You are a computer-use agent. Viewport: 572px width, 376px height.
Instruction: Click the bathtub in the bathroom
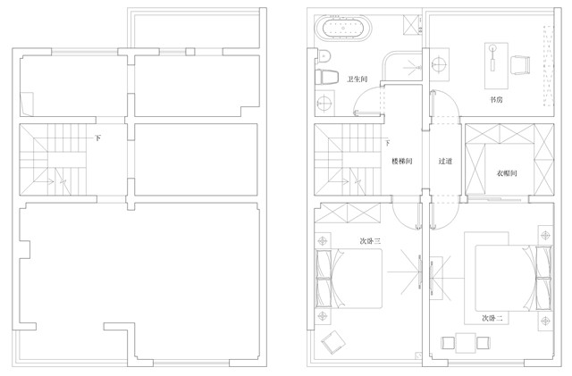pos(343,28)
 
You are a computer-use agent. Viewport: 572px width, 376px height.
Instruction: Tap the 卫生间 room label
pos(357,79)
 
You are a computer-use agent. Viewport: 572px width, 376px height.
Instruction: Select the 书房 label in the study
pos(496,99)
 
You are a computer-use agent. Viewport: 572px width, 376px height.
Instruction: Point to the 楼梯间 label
pos(402,161)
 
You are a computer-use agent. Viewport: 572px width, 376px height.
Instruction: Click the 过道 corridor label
pos(445,161)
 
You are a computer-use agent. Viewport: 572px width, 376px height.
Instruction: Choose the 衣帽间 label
pos(507,173)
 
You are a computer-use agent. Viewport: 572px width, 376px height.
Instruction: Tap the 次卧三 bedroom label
pos(371,241)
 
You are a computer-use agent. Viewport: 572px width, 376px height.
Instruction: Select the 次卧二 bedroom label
pos(492,318)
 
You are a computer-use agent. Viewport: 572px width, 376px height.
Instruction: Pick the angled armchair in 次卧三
pos(333,342)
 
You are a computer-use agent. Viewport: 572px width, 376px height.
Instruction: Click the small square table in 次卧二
pos(466,343)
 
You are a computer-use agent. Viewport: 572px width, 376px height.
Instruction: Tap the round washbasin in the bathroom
pos(324,103)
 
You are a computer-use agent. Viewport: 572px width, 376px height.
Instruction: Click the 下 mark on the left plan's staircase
pos(97,138)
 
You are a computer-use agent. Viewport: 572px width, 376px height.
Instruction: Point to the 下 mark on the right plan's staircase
pos(387,143)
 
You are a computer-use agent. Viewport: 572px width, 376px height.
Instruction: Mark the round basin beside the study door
pos(440,64)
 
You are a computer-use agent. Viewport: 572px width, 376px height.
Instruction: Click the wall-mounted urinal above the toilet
pos(324,56)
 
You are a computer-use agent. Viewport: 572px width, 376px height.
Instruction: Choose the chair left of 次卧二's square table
pos(448,343)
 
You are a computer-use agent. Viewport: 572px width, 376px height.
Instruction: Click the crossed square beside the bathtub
pos(412,25)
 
